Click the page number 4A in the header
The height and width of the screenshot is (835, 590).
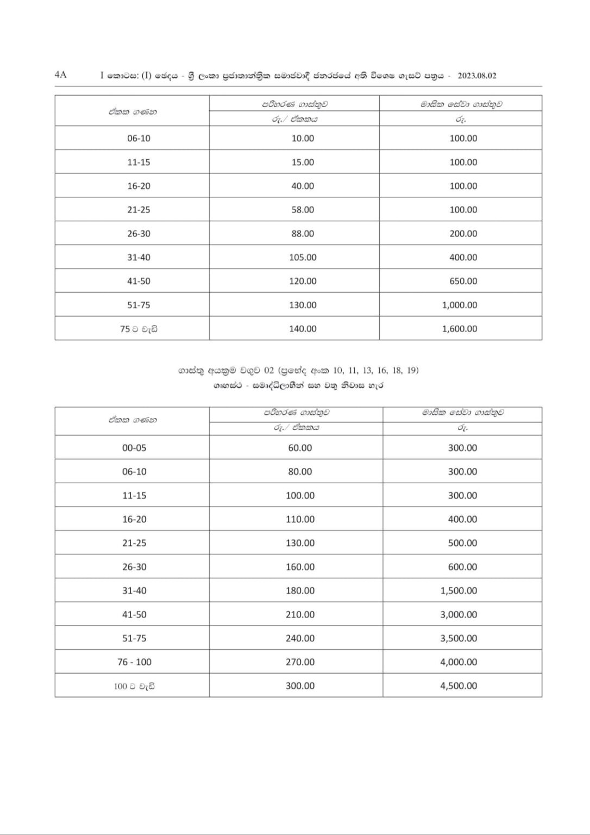pos(60,75)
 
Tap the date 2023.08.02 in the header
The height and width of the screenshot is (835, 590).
pos(477,76)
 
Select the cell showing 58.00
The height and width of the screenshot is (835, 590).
pos(303,210)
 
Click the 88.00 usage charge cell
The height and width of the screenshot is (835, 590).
pos(303,234)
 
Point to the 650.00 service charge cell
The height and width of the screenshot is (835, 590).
pos(463,282)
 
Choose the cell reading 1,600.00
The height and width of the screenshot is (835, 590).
pos(460,329)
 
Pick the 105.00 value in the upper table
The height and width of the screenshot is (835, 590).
pos(303,258)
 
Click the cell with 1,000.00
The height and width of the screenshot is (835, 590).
pos(460,305)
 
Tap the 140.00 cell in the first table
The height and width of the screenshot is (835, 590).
pos(303,329)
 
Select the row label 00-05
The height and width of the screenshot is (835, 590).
pos(134,448)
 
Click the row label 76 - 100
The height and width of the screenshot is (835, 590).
pos(134,662)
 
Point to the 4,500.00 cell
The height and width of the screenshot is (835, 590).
pos(459,686)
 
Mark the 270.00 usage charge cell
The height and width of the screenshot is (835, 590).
pos(300,662)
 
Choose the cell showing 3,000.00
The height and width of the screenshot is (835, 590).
pos(459,615)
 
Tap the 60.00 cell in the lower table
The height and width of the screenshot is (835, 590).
pos(300,448)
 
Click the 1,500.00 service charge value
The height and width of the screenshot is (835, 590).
pos(459,591)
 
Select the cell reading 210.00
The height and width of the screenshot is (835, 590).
pos(300,615)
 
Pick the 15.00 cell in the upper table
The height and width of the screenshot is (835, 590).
pos(303,163)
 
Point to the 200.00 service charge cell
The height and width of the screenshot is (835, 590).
pos(463,234)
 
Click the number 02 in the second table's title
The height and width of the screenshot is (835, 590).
pos(268,371)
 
